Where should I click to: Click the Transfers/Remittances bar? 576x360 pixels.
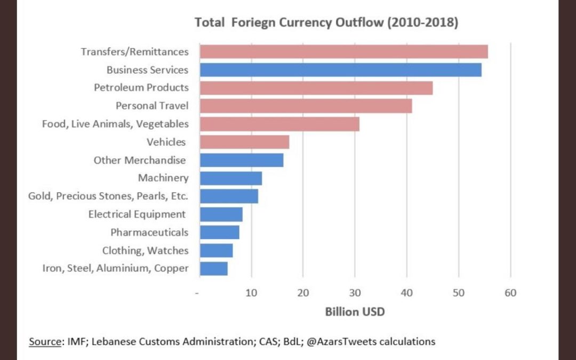tap(343, 52)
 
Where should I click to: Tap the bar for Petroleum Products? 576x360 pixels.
tap(316, 87)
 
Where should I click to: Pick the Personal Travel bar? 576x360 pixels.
tap(306, 106)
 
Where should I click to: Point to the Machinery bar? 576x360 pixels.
tap(230, 178)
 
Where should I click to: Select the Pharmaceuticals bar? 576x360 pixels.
tap(219, 233)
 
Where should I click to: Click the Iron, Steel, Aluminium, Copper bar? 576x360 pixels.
tap(213, 268)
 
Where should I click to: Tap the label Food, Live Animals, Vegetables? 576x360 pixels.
tap(115, 124)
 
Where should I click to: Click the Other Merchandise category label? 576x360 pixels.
tap(140, 160)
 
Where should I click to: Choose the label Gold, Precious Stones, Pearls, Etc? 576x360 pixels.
tap(108, 196)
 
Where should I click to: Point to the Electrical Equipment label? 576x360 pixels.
tap(137, 214)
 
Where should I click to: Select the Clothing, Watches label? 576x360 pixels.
tap(145, 250)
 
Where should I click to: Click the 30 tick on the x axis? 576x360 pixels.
tap(355, 293)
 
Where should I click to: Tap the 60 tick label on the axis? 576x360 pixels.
tap(510, 293)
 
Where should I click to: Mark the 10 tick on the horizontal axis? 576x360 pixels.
tap(251, 293)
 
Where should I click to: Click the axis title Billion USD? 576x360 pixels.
tap(355, 312)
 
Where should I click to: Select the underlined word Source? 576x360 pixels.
tap(44, 341)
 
